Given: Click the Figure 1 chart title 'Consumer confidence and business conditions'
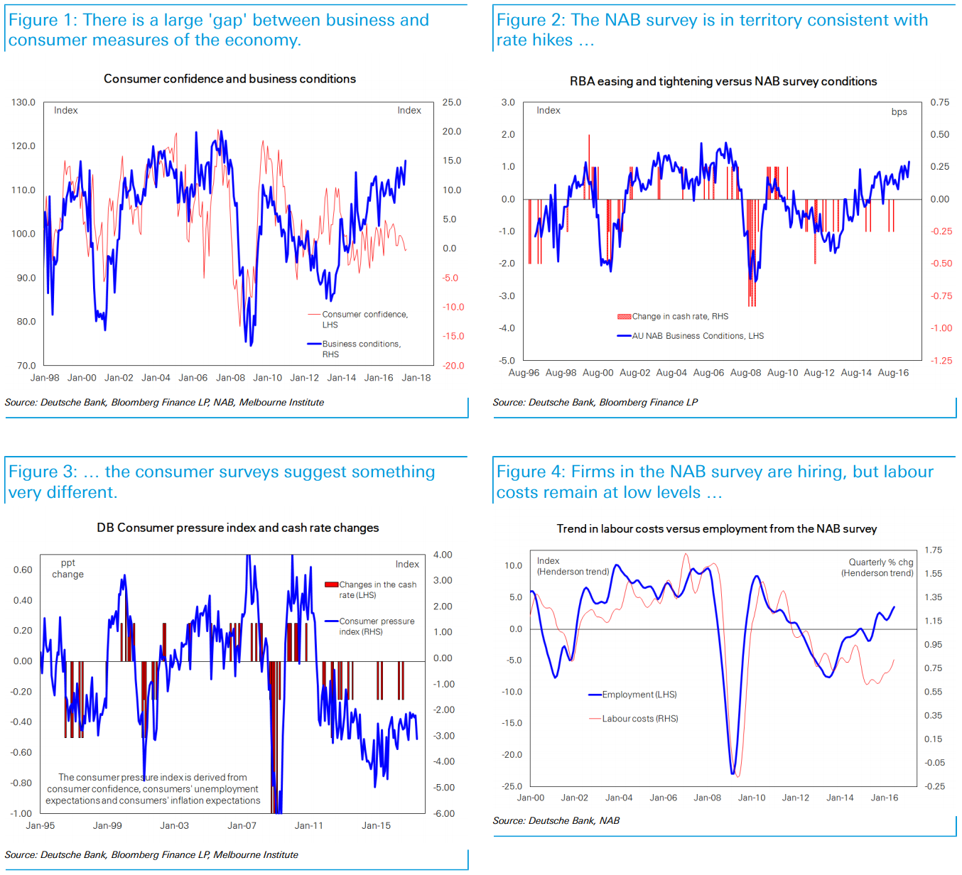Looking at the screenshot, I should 229,79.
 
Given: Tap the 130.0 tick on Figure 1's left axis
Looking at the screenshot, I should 23,102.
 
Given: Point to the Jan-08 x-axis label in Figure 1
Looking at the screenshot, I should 230,378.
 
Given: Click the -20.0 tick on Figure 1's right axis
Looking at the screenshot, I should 453,366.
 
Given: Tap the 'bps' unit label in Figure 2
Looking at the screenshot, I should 899,112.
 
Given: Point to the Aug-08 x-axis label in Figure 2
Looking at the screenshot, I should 745,373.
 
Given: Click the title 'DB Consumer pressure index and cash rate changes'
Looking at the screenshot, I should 237,528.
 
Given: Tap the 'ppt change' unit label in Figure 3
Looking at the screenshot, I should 67,569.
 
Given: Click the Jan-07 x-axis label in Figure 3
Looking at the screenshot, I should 242,825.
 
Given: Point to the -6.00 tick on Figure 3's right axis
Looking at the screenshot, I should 444,814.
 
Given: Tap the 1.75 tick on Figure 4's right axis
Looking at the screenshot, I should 933,550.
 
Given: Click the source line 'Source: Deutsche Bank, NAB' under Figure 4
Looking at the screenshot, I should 556,820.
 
